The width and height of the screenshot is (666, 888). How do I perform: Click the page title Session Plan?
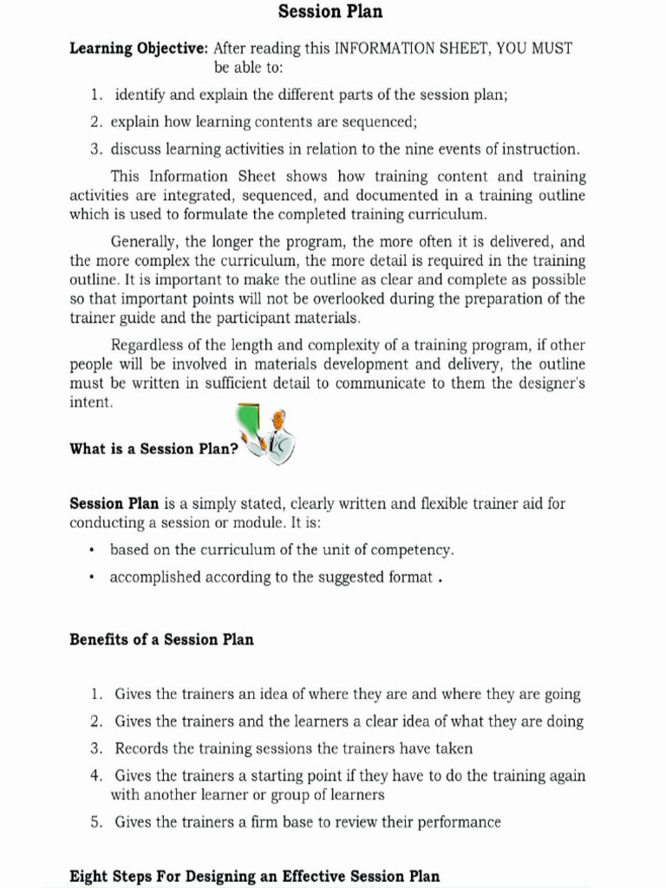(330, 12)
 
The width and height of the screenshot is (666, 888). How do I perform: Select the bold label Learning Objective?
(139, 49)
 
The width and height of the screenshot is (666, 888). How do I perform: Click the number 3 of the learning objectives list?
(95, 148)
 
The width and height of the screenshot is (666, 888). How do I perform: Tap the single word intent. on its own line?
(91, 402)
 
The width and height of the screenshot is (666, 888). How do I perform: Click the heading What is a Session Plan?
(153, 449)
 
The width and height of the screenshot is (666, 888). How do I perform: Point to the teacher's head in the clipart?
(278, 420)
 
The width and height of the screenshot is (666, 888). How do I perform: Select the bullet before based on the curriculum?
(92, 551)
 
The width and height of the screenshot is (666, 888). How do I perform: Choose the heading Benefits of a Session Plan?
(161, 640)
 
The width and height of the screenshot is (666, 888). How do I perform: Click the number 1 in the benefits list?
(95, 695)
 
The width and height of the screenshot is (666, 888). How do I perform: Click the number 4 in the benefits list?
(95, 775)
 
